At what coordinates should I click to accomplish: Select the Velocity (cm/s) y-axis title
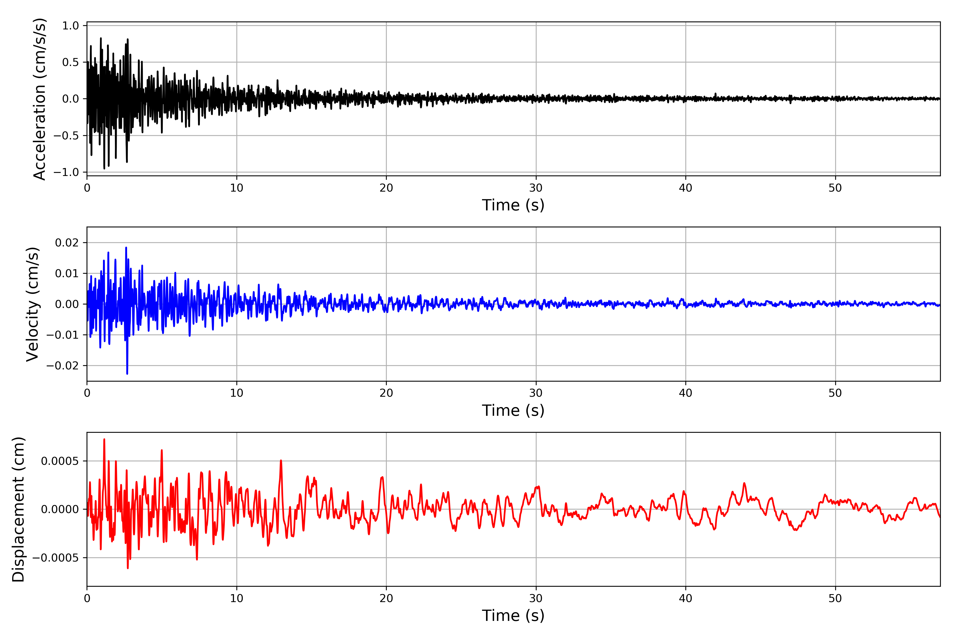click(32, 304)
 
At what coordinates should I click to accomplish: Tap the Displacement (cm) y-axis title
click(19, 509)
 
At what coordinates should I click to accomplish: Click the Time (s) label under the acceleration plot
click(513, 205)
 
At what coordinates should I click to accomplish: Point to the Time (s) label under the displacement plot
click(513, 616)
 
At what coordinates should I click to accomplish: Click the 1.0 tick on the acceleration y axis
click(70, 26)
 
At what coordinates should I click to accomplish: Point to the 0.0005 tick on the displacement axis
click(60, 461)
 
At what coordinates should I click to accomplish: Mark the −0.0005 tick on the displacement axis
click(56, 558)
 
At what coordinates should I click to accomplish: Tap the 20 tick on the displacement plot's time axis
click(386, 599)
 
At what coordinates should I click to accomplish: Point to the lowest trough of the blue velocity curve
click(127, 374)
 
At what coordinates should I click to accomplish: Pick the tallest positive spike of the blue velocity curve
click(126, 248)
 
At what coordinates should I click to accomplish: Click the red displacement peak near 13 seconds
click(281, 461)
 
